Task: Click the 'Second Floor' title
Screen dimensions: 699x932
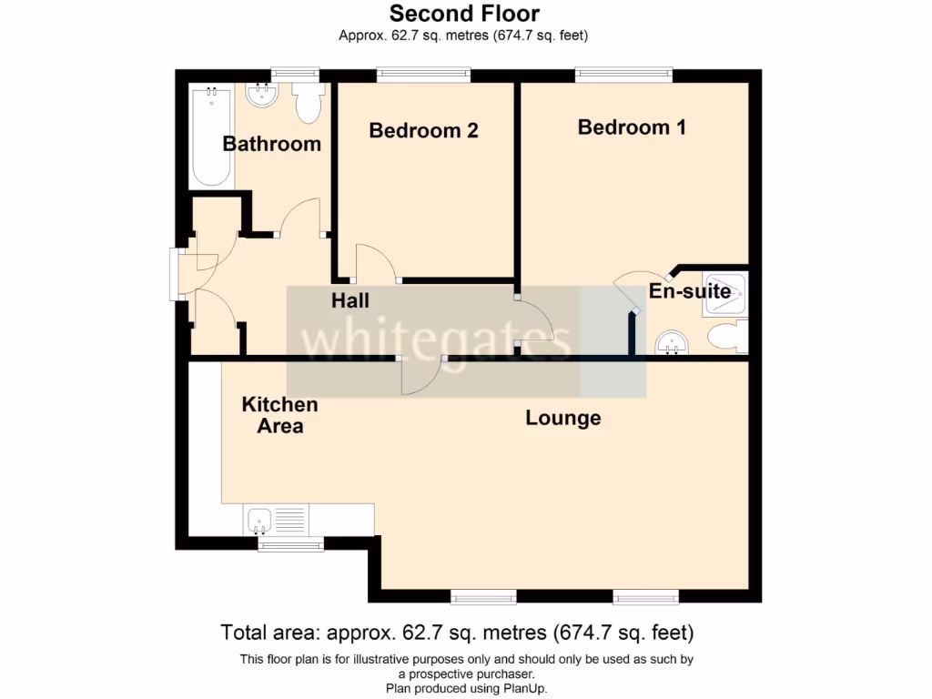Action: pos(464,14)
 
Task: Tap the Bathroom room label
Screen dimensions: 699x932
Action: pos(271,144)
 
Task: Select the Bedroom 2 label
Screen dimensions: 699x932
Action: pos(423,131)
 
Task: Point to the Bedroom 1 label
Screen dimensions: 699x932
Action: pos(632,127)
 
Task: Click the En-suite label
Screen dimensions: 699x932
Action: pos(689,291)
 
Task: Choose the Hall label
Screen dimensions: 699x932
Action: pos(349,299)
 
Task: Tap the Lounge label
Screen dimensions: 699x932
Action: pos(562,418)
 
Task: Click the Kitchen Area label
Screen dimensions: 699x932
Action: pos(279,415)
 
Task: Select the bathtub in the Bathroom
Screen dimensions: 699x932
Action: pos(211,137)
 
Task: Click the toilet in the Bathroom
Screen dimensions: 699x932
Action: pos(309,103)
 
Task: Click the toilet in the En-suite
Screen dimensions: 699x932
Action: pos(728,338)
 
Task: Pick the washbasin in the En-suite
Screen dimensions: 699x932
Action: pos(672,342)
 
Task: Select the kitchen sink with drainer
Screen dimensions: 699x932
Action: pos(277,522)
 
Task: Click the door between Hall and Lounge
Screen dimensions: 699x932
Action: pos(420,376)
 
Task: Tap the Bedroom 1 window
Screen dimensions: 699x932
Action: pos(623,75)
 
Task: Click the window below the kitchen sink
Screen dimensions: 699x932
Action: pos(290,544)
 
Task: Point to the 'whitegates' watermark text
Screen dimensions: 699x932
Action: pos(437,341)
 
